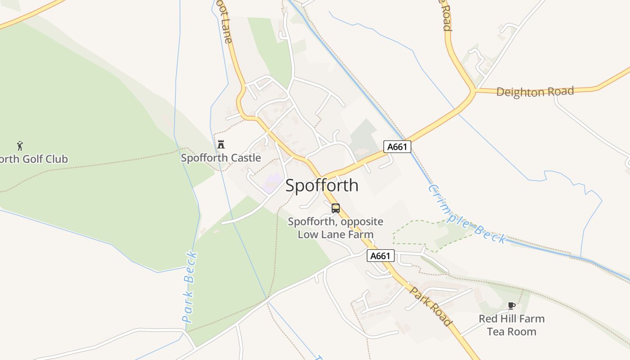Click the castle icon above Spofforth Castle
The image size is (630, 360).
click(x=220, y=144)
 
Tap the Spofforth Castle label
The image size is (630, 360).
click(x=220, y=158)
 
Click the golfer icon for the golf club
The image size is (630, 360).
click(x=20, y=145)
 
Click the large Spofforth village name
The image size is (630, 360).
click(x=322, y=185)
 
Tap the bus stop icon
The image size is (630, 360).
click(x=336, y=208)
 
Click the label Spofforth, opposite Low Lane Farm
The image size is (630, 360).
click(x=336, y=228)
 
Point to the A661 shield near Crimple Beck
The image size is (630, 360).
click(x=397, y=147)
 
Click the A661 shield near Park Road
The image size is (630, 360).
click(x=381, y=256)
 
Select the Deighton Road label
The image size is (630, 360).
click(x=535, y=92)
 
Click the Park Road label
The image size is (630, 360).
click(x=430, y=306)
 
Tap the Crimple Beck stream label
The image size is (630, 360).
click(x=467, y=214)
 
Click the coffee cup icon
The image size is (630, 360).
click(x=511, y=306)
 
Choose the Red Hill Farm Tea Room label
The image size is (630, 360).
click(x=512, y=325)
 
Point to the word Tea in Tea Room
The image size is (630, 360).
click(x=497, y=332)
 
